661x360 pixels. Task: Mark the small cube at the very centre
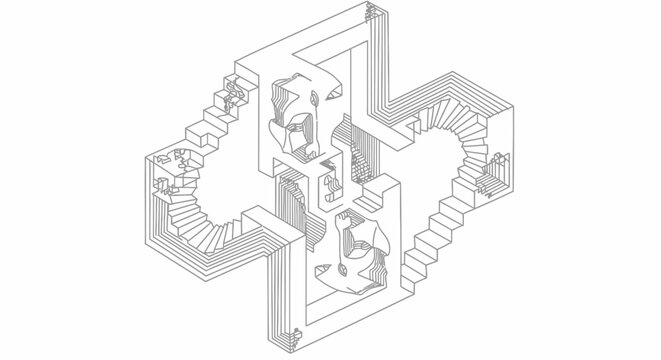(x=328, y=184)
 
